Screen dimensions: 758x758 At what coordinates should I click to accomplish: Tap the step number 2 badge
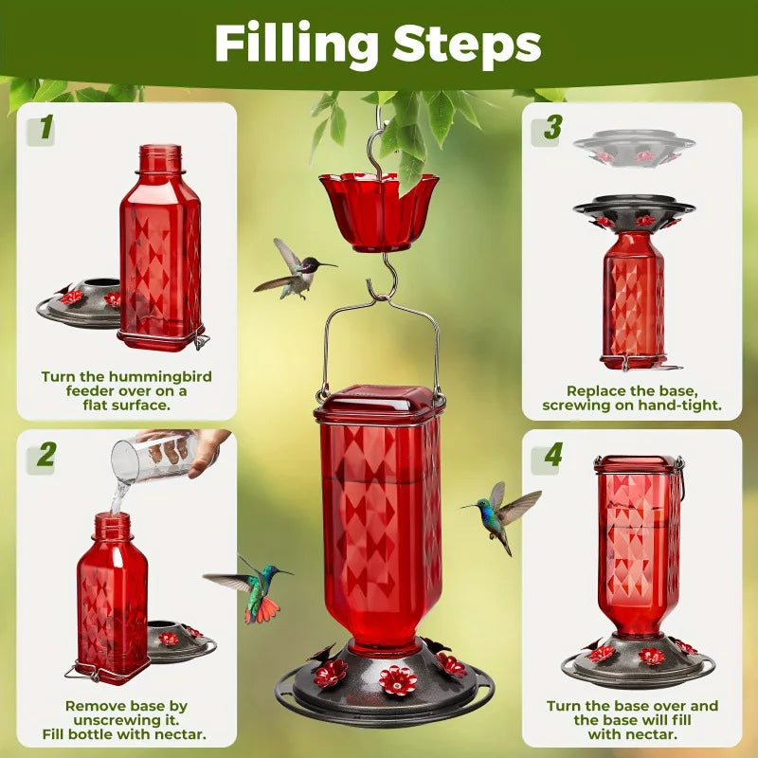pos(45,456)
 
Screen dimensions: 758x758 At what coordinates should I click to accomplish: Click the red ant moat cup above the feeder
pos(379,210)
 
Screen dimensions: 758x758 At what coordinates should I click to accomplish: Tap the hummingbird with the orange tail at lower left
pos(254,589)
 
